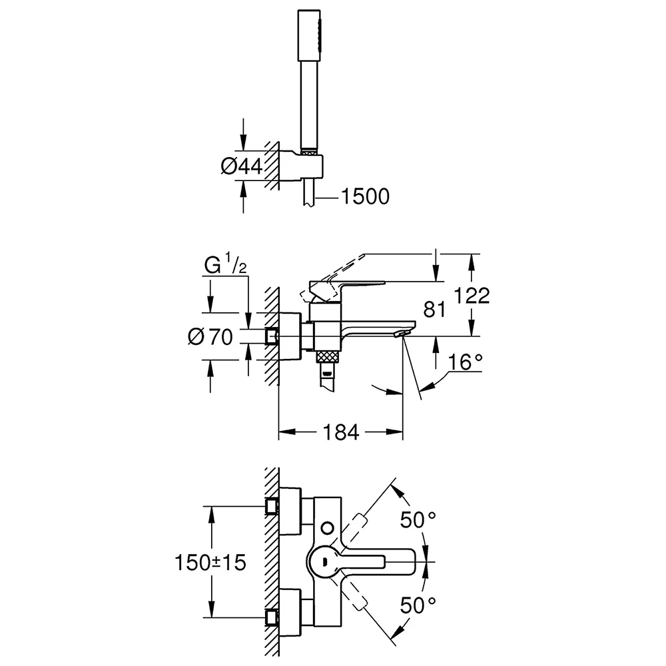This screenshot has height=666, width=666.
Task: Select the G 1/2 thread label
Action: pos(225,266)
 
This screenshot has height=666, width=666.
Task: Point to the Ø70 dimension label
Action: pos(210,338)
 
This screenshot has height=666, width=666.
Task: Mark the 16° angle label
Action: pos(464,363)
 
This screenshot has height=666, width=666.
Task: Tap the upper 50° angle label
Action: pos(418,519)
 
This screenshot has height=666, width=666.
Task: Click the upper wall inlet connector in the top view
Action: pos(272,507)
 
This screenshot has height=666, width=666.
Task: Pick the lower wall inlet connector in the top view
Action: pos(272,616)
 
